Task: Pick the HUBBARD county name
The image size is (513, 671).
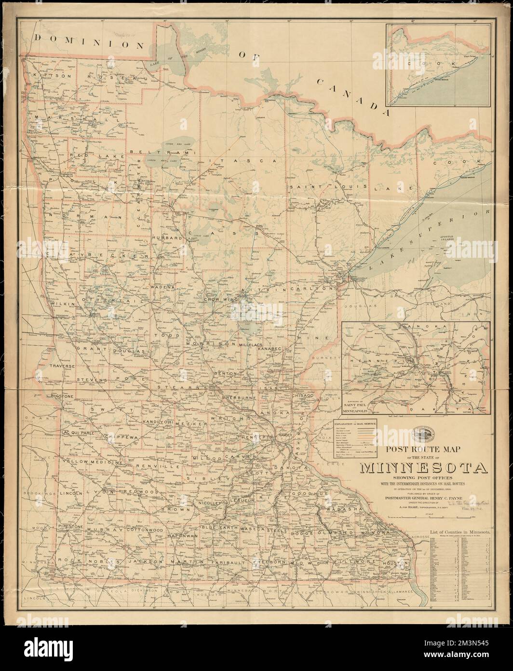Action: tap(167, 238)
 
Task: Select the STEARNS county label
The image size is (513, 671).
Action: tap(189, 387)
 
